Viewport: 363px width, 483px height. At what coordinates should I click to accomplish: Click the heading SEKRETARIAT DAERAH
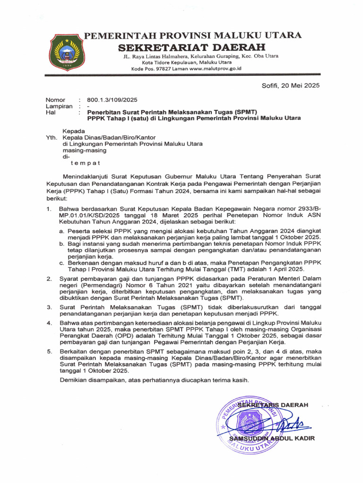[191, 47]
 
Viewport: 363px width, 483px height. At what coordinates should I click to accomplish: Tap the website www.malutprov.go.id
[216, 69]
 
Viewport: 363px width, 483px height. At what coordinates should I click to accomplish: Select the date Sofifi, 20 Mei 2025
[291, 85]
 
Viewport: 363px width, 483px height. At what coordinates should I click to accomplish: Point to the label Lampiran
[59, 107]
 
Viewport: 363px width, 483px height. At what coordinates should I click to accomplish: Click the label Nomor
[55, 100]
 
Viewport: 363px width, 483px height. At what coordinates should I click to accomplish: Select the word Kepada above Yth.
[74, 131]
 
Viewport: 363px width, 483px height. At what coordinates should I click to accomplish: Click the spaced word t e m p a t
[86, 163]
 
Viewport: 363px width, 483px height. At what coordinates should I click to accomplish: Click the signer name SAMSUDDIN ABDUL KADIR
[271, 438]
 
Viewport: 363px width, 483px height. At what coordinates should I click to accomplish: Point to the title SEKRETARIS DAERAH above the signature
[273, 405]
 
